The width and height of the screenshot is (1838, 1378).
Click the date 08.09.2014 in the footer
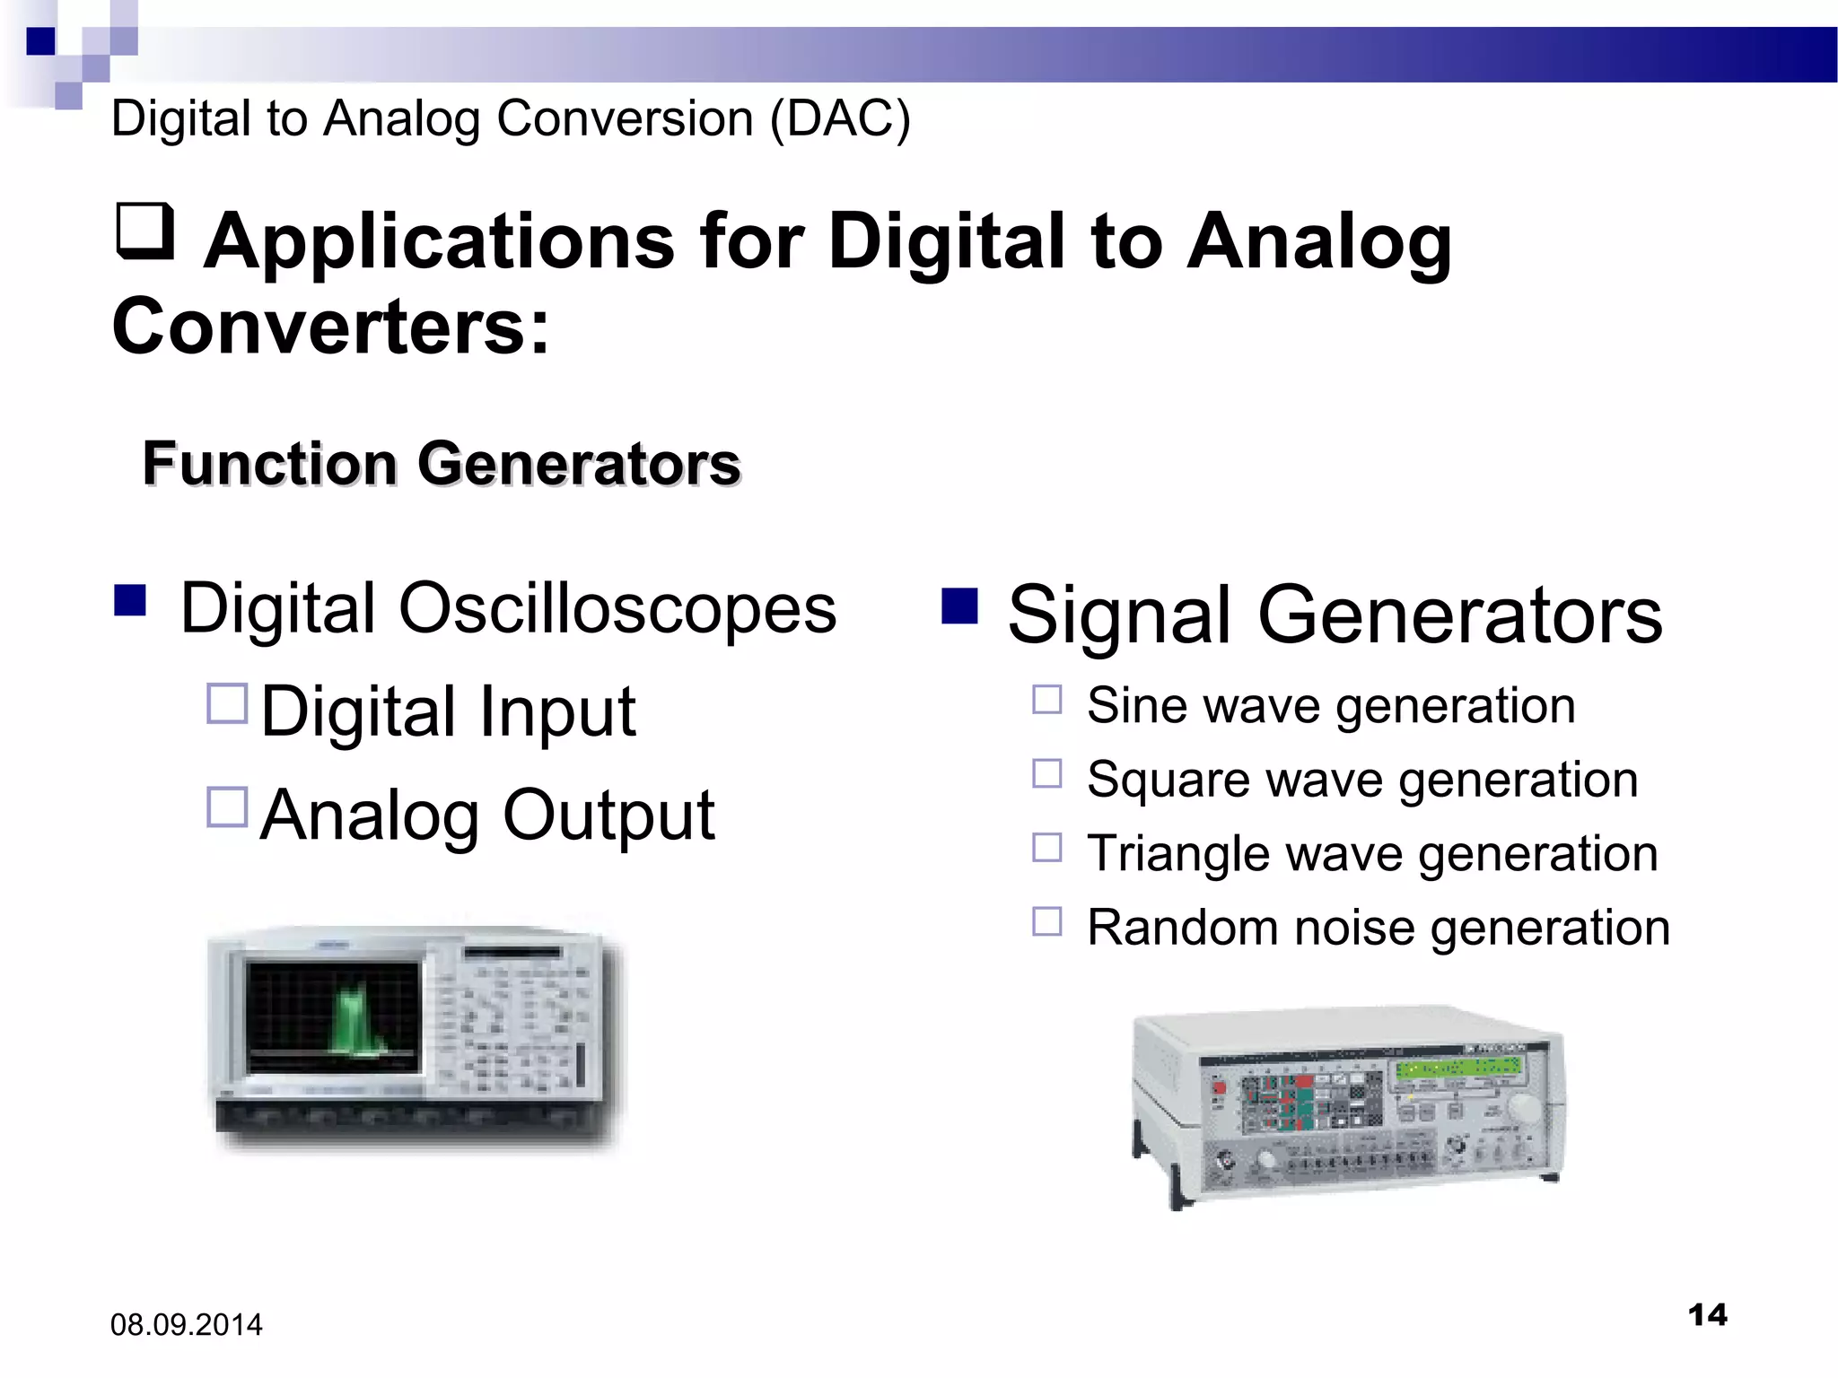click(x=186, y=1324)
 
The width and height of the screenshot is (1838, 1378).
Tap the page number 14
click(x=1707, y=1315)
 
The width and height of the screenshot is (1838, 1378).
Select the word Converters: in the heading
click(x=330, y=327)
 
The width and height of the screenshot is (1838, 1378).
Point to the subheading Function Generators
click(x=442, y=464)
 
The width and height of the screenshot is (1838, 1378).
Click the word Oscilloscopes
click(x=617, y=609)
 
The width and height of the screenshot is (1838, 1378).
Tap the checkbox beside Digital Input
click(x=227, y=704)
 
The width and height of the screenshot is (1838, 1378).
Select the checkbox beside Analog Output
click(x=227, y=807)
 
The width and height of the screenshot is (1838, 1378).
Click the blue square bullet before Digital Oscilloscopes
click(x=130, y=600)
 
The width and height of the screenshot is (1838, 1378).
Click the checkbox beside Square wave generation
click(x=1046, y=773)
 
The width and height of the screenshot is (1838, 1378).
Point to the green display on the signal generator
click(x=1458, y=1068)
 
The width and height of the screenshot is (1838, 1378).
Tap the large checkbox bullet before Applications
click(x=144, y=231)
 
